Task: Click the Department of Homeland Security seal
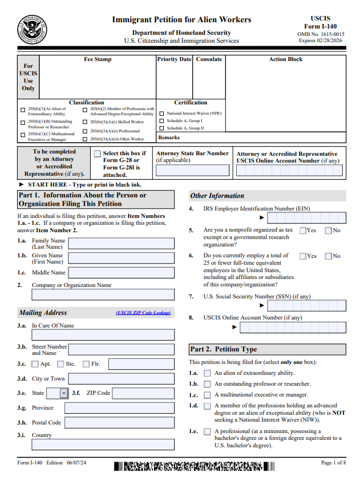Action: [33, 30]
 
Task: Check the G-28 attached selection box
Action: [98, 153]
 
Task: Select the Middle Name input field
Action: [121, 273]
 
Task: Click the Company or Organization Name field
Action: [103, 294]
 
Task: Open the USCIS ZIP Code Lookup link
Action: [143, 313]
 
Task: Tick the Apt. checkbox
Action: [35, 364]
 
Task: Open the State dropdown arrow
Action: [64, 393]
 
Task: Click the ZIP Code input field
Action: [143, 393]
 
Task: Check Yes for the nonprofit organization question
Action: [303, 231]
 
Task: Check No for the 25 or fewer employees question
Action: [328, 256]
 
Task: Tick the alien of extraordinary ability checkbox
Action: [207, 373]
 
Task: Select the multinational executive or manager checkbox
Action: [207, 395]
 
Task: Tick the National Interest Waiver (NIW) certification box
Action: [161, 114]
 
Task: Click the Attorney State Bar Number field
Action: [192, 169]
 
